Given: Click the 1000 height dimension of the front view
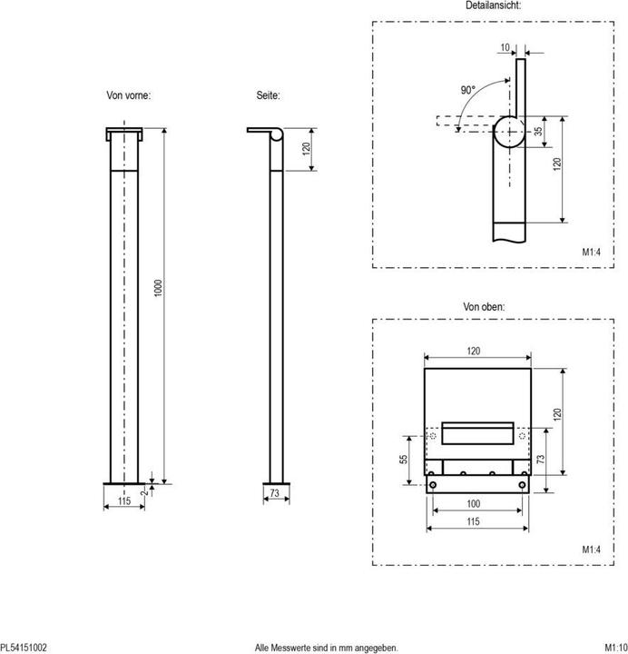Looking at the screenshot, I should tap(158, 287).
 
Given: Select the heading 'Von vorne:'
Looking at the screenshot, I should tap(129, 95).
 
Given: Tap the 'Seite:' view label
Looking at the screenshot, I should tap(269, 95).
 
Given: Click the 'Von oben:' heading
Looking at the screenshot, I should tap(484, 307).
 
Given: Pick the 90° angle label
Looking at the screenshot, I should tap(468, 91).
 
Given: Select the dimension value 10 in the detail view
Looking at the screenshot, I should tap(505, 47).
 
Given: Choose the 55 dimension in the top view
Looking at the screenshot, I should tap(404, 460).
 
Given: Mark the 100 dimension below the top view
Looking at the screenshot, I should tap(474, 503).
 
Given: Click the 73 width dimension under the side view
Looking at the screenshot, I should tap(274, 493).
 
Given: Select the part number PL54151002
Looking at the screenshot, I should tap(24, 647).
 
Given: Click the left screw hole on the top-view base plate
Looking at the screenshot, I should tap(435, 485).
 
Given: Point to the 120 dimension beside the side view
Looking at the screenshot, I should tap(307, 148).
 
